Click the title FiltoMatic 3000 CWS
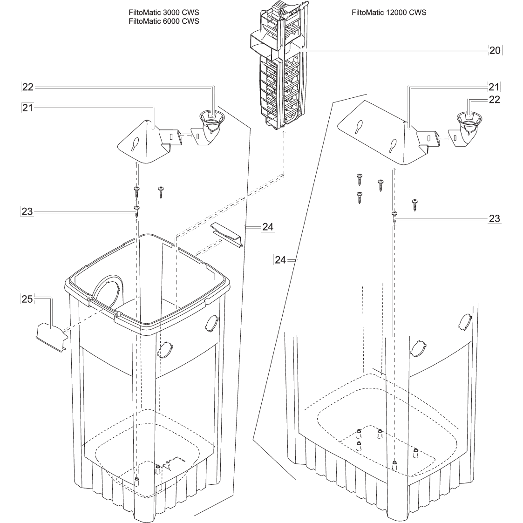(x=163, y=13)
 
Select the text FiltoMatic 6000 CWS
(x=163, y=21)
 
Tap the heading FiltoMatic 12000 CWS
(x=388, y=13)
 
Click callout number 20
(x=495, y=50)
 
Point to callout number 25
(x=27, y=299)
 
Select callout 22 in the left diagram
(x=28, y=87)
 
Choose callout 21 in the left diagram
(x=28, y=108)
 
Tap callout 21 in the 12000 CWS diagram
(x=494, y=87)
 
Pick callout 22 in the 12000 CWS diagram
(x=494, y=100)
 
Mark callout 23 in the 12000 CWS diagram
(x=494, y=218)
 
